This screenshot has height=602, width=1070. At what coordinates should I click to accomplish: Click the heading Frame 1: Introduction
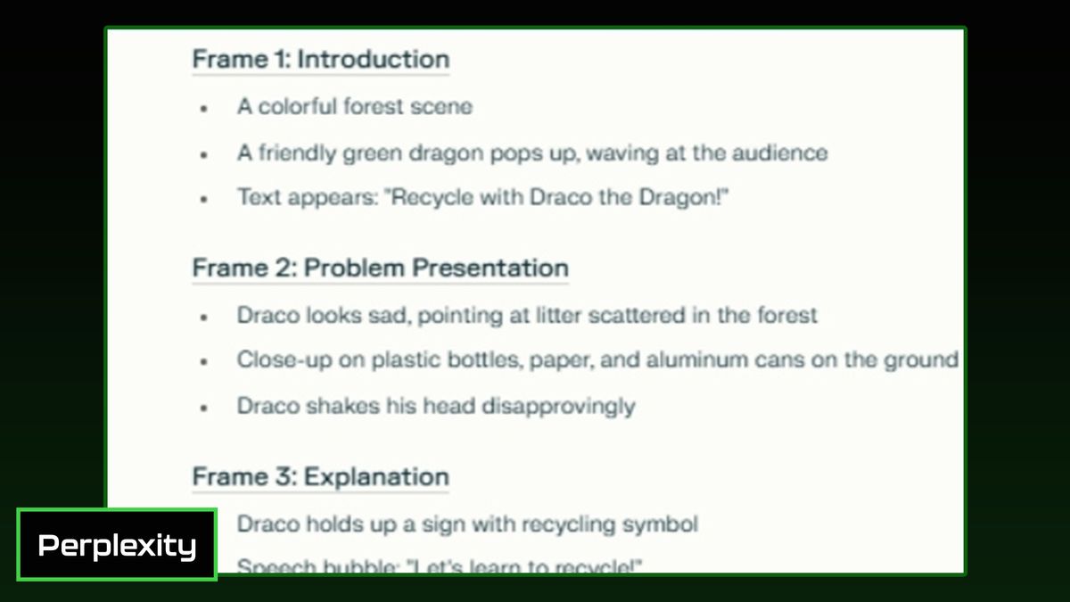320,60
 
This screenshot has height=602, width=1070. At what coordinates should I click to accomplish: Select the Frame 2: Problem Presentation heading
380,268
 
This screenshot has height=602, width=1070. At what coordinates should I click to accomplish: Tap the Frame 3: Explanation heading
320,477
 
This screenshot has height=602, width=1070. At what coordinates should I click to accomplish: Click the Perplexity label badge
117,545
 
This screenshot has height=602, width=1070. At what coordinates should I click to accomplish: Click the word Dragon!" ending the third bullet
684,197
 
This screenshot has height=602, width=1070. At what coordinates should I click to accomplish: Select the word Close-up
284,359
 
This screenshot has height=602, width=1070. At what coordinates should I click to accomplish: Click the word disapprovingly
558,407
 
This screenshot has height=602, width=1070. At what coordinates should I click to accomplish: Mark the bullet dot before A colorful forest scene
204,109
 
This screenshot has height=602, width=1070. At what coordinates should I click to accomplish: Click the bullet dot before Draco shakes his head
204,408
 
